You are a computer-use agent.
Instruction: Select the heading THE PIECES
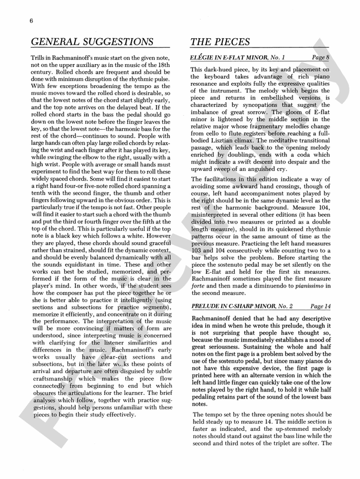(220, 42)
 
